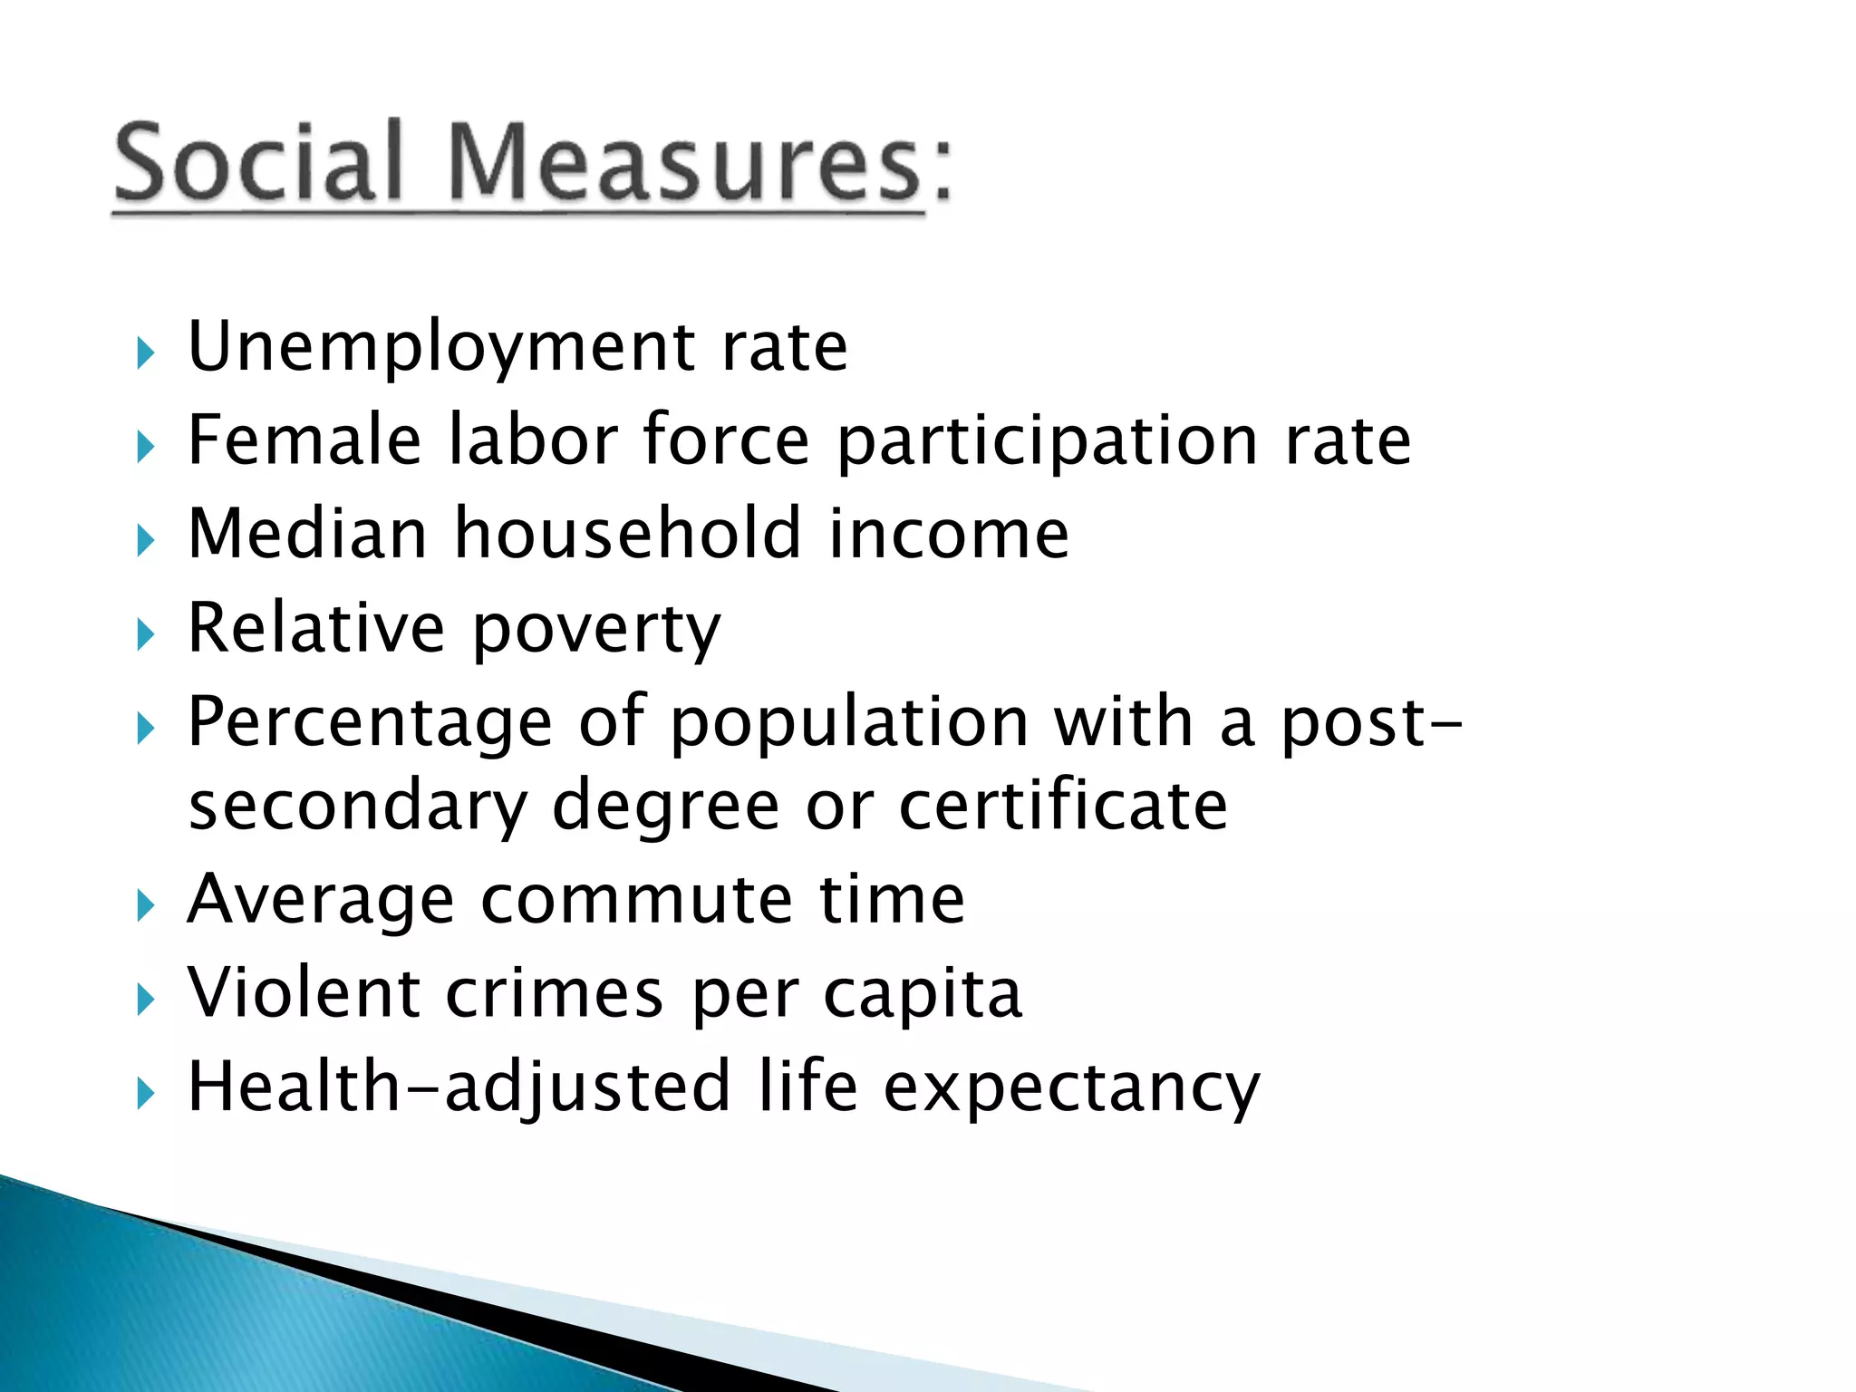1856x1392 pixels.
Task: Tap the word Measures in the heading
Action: (x=685, y=162)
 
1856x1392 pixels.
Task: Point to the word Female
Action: (x=304, y=440)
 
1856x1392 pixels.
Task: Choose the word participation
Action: (x=1047, y=442)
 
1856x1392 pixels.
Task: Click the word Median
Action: (x=307, y=534)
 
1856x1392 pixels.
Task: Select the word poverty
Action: (x=596, y=631)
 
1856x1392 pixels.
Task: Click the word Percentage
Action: (x=370, y=724)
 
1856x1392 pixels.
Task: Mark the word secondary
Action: (x=357, y=807)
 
